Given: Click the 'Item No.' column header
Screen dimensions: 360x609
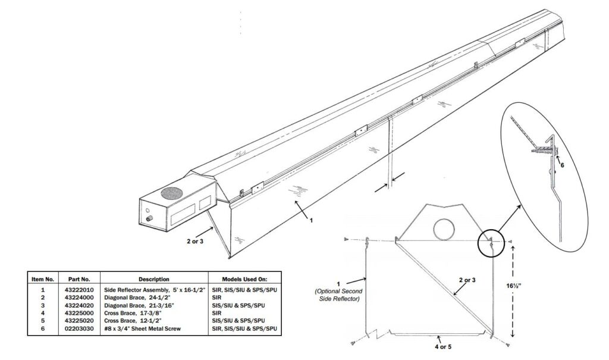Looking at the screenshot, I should pyautogui.click(x=42, y=278).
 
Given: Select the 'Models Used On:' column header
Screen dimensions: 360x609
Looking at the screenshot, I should pyautogui.click(x=244, y=278).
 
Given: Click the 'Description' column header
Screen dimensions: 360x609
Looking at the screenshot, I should pyautogui.click(x=154, y=278).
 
